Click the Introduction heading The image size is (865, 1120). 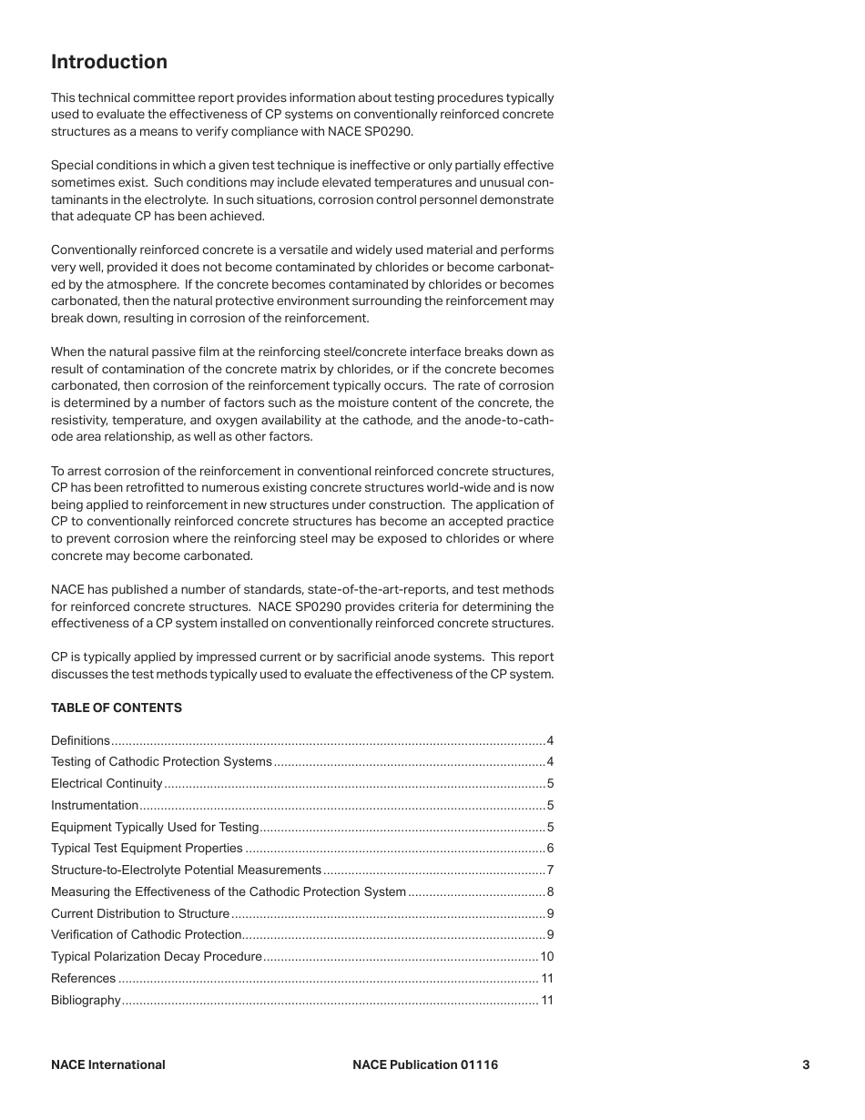[109, 62]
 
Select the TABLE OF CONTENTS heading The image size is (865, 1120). [117, 708]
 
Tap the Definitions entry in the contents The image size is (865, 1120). [80, 740]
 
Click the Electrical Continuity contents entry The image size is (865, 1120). [107, 783]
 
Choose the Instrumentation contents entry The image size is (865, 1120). [95, 805]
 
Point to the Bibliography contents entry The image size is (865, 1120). [86, 1000]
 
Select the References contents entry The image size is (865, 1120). [84, 978]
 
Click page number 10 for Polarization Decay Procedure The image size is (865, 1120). [546, 956]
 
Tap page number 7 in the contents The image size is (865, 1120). [550, 870]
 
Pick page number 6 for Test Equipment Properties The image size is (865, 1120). [550, 848]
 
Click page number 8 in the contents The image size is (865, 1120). [550, 891]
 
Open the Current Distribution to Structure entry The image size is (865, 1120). [140, 913]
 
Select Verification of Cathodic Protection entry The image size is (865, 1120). [146, 934]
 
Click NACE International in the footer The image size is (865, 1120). [108, 1064]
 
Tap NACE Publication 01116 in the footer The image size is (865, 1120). [425, 1064]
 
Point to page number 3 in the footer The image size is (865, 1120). [806, 1064]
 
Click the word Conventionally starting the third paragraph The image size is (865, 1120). [95, 249]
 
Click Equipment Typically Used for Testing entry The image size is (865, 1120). [155, 827]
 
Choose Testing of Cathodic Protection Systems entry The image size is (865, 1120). [161, 761]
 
